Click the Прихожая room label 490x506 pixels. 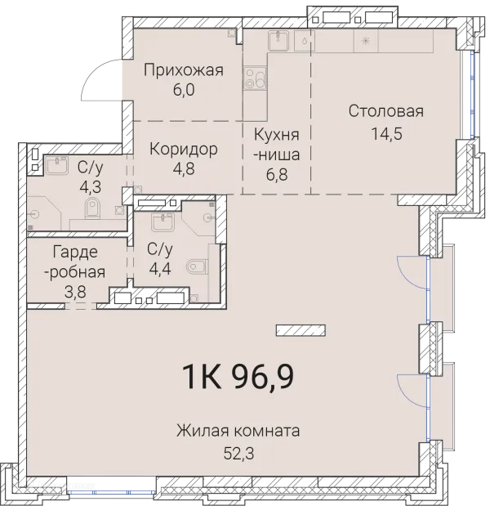(x=183, y=70)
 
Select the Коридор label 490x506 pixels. (x=183, y=149)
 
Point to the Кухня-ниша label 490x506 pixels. (x=276, y=145)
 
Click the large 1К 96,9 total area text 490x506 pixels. (x=237, y=378)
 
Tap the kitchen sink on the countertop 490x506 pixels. (x=278, y=40)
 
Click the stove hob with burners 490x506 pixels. (x=253, y=79)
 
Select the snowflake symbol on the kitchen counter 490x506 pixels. (x=365, y=40)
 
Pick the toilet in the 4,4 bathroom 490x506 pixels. (x=196, y=266)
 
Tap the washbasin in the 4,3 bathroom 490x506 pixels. (x=56, y=166)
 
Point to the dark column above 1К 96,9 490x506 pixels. (x=300, y=330)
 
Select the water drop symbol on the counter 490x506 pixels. (x=305, y=39)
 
